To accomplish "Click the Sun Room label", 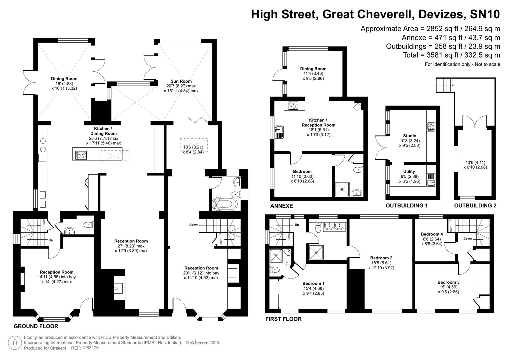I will point(181,81).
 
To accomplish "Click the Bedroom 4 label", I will point(432,234).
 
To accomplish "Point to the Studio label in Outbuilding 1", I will point(409,136).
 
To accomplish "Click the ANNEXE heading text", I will point(281,206).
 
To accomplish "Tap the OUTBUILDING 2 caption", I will point(475,206).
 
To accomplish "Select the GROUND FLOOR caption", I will point(36,326).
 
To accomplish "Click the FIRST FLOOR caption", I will point(283,319).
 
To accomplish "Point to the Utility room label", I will point(409,172).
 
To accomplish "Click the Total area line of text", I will point(451,55).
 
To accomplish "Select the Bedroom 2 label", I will point(381,258).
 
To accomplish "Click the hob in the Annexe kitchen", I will point(293,106).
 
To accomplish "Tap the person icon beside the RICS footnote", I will point(15,343).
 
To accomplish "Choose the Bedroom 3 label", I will point(448,282).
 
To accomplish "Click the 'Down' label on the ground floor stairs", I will point(193,225).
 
